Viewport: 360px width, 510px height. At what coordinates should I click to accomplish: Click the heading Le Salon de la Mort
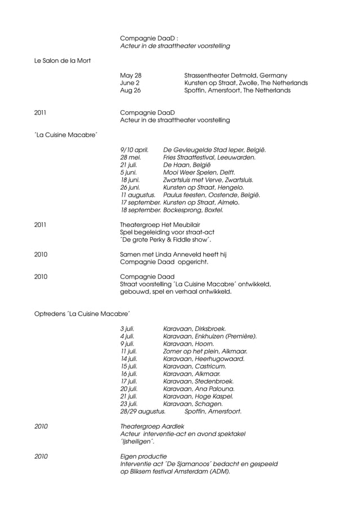[62, 60]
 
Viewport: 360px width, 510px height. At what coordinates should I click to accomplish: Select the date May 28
[131, 75]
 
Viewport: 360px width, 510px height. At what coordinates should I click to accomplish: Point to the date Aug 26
[131, 90]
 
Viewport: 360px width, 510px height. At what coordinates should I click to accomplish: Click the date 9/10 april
[135, 150]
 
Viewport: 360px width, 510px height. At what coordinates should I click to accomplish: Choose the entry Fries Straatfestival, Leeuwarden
[209, 158]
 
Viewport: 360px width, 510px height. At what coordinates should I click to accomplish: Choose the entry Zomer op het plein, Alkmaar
[205, 351]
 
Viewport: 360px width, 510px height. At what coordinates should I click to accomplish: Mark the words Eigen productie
[144, 456]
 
